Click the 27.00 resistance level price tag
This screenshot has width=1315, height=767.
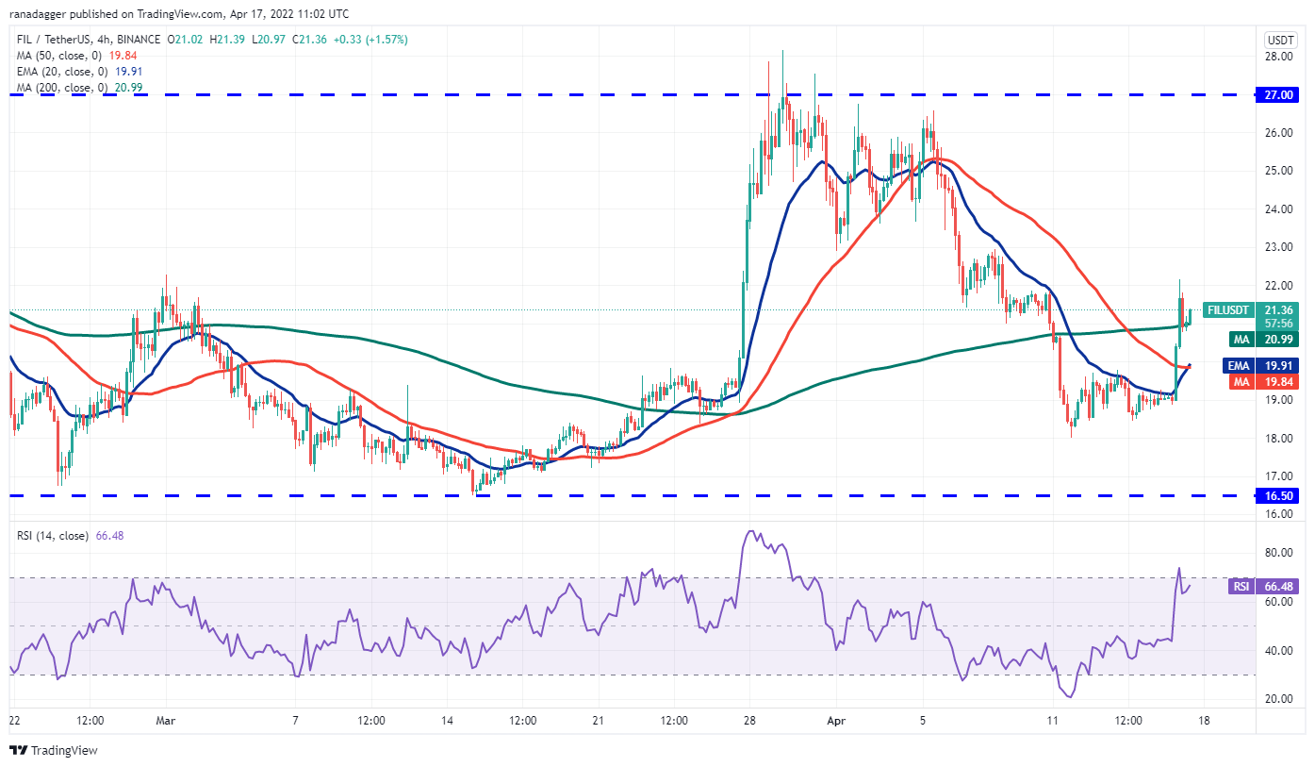point(1278,95)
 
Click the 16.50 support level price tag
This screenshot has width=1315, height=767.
point(1278,495)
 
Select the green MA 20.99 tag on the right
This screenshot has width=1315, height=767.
point(1263,339)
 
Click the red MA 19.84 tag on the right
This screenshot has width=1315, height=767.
point(1263,381)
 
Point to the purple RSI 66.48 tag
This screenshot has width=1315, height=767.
point(1263,587)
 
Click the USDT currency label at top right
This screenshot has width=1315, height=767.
point(1278,40)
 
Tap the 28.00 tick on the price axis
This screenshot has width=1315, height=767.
point(1278,57)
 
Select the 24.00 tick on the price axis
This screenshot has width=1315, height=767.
point(1278,209)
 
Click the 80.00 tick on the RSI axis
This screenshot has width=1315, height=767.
point(1278,553)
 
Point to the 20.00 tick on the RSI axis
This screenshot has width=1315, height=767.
point(1278,699)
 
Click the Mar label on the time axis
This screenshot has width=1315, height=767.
point(165,721)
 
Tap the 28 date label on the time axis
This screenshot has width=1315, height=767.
point(749,721)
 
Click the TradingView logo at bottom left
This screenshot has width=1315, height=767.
point(54,751)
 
